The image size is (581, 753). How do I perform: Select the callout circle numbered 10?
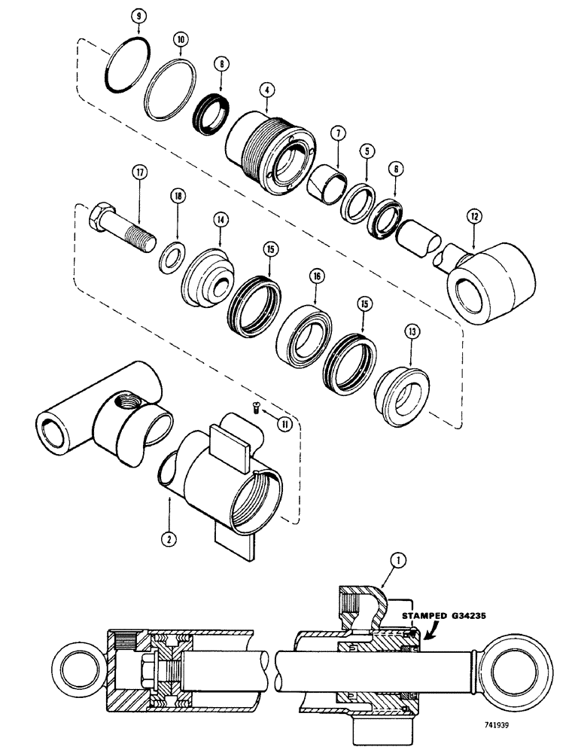tap(181, 37)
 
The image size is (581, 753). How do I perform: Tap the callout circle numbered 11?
tap(283, 425)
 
